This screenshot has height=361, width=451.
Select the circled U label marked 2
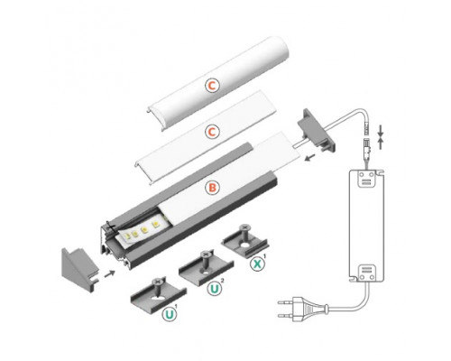tap(215, 290)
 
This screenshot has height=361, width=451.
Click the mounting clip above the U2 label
tap(201, 269)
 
